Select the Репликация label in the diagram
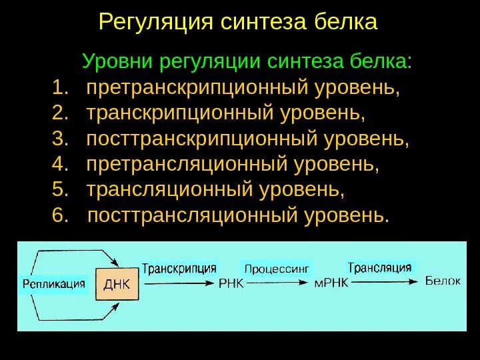53,283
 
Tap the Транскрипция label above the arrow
179,269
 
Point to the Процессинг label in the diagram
277,269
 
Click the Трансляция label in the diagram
379,267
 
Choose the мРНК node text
331,283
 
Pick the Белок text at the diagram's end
443,281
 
